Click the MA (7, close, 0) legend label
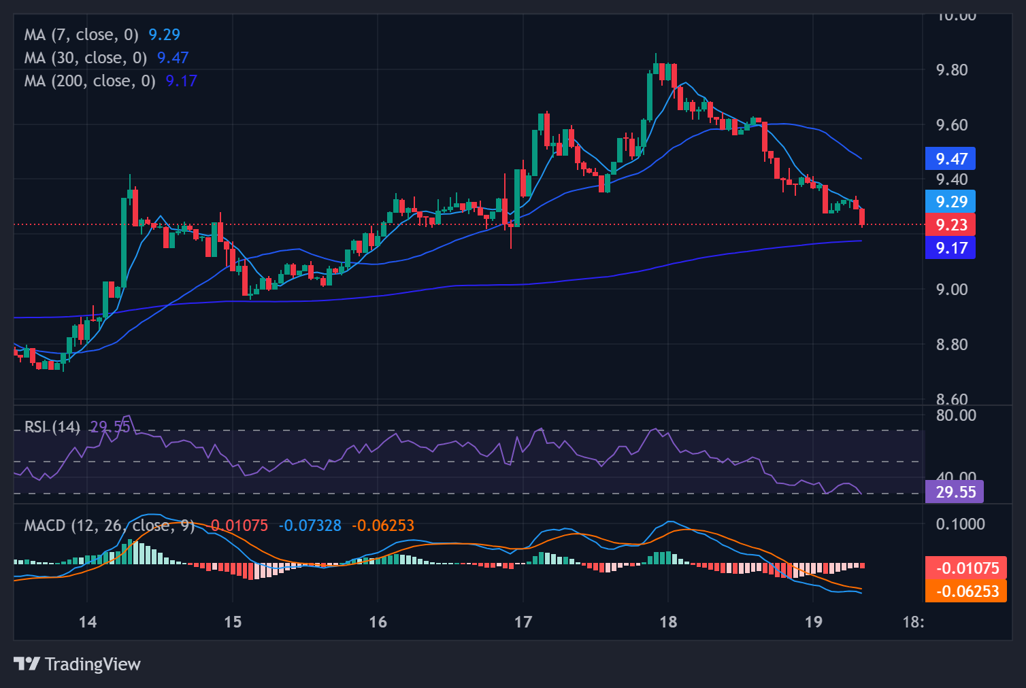tap(81, 35)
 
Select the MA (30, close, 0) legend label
tap(85, 58)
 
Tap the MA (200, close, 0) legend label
tap(89, 81)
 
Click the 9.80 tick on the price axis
tap(951, 70)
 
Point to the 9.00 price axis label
tap(951, 290)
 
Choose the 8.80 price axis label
tap(951, 345)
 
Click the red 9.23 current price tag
tap(950, 225)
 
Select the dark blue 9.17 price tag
tap(950, 248)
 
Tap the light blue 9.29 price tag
tap(950, 202)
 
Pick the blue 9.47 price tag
tap(950, 159)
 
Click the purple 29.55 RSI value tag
tap(955, 492)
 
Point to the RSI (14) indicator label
tap(52, 427)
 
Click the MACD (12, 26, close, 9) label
tap(109, 526)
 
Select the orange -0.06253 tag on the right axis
tap(966, 591)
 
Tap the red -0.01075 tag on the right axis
tap(966, 568)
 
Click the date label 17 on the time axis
tap(523, 622)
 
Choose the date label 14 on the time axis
tap(87, 622)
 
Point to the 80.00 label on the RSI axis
tap(955, 415)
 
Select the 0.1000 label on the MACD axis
tap(959, 524)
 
